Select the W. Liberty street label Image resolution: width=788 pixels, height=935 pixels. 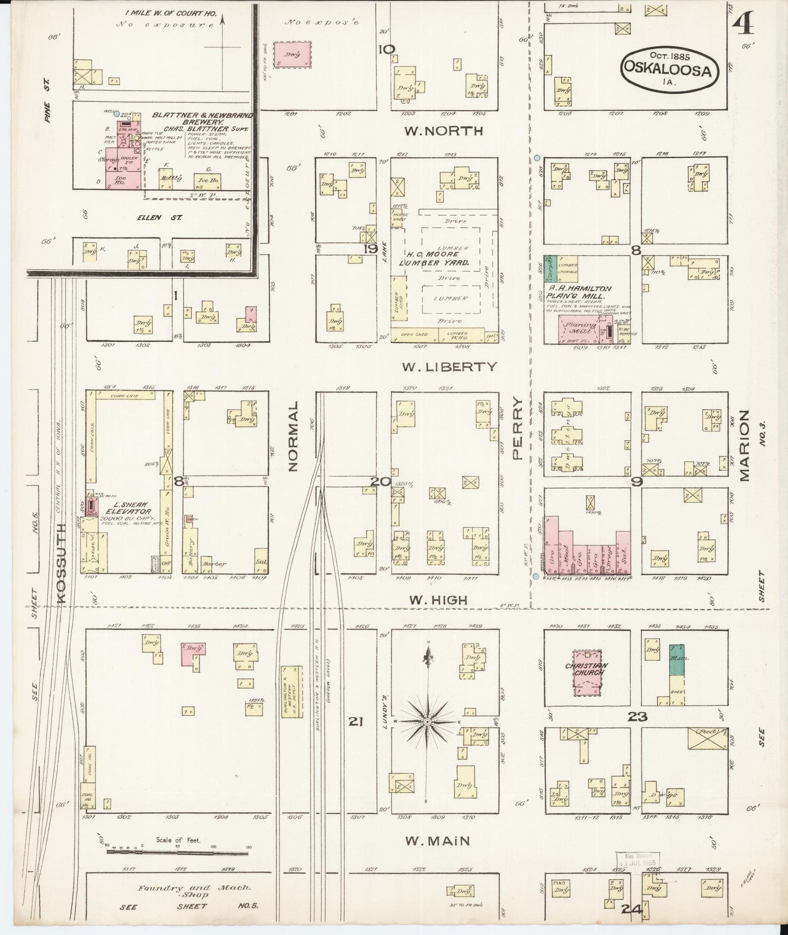pyautogui.click(x=449, y=367)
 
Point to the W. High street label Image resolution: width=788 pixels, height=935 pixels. pyautogui.click(x=438, y=600)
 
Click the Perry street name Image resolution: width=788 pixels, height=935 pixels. pyautogui.click(x=518, y=428)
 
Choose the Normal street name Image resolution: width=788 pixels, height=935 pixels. pyautogui.click(x=294, y=436)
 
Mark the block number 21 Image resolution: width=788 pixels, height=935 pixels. pyautogui.click(x=355, y=722)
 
